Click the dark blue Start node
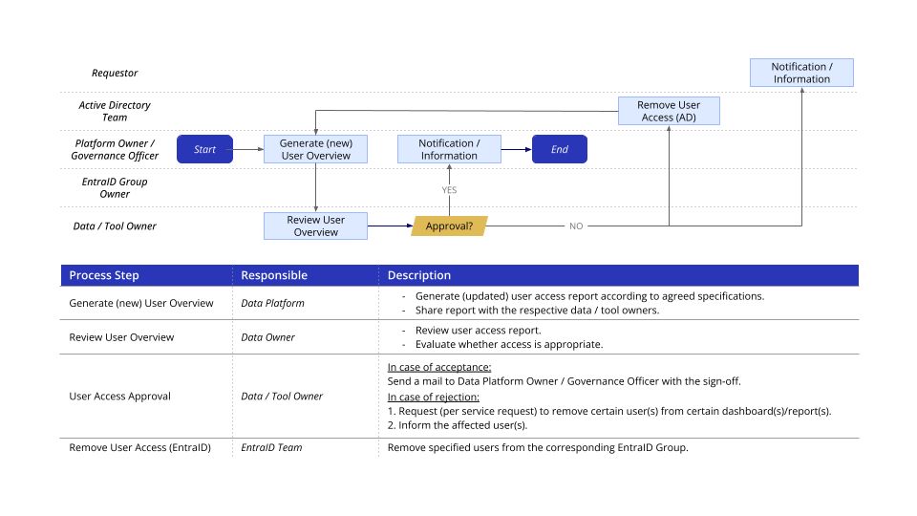pos(204,149)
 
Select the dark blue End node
pos(559,149)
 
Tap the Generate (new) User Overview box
pos(315,149)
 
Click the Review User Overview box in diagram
pos(315,226)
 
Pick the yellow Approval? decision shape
pos(449,226)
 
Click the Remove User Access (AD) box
pos(669,111)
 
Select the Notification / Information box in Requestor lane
pos(800,73)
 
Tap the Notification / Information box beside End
pos(449,149)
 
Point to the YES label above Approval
pos(449,190)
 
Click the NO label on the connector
pos(576,226)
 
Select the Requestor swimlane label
pos(115,73)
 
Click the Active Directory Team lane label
pos(115,111)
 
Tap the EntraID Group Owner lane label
pos(115,187)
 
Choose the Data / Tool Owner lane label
pos(115,226)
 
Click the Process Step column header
pos(104,275)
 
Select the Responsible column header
pos(274,275)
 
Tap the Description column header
pos(419,275)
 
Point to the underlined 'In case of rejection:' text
pos(433,397)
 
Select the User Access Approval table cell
pos(120,396)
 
